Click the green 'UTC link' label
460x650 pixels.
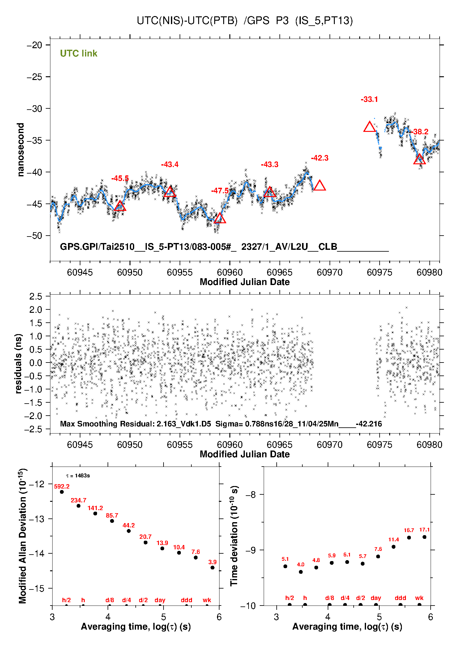pyautogui.click(x=79, y=53)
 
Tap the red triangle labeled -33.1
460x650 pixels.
pyautogui.click(x=369, y=127)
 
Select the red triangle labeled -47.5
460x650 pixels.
pyautogui.click(x=220, y=218)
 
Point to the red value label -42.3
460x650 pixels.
pyautogui.click(x=320, y=158)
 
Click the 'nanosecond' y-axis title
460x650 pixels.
pyautogui.click(x=21, y=150)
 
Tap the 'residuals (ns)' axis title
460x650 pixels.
pyautogui.click(x=19, y=363)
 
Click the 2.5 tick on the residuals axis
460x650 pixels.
pyautogui.click(x=36, y=296)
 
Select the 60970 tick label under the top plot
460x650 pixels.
pyautogui.click(x=330, y=272)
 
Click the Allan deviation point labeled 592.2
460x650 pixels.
pyautogui.click(x=62, y=492)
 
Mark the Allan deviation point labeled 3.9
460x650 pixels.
pyautogui.click(x=212, y=568)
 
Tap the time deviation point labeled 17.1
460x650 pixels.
pyautogui.click(x=424, y=537)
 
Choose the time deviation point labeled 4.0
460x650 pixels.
pyautogui.click(x=301, y=572)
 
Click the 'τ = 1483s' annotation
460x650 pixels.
pyautogui.click(x=78, y=476)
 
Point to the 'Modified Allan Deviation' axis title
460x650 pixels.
pyautogui.click(x=23, y=536)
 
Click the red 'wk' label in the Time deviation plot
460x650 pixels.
pyautogui.click(x=419, y=598)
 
